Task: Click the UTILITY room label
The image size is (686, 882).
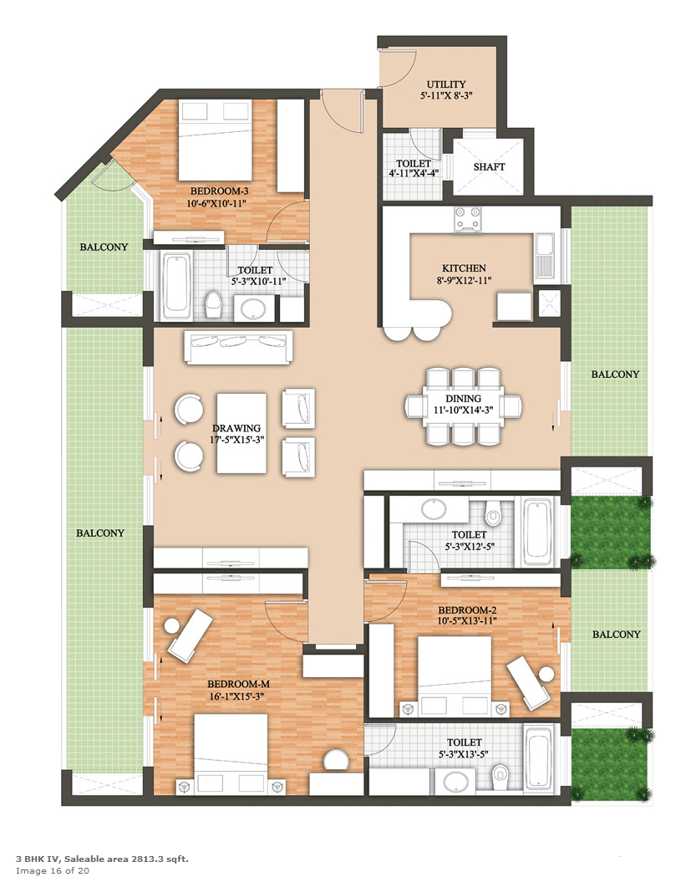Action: pos(446,84)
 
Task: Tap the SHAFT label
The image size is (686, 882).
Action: pos(489,166)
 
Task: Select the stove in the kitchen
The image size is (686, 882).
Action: pos(468,219)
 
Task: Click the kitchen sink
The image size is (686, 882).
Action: pos(545,256)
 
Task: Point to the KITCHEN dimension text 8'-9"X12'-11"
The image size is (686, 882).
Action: pos(464,279)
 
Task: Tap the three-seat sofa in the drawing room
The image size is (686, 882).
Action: pos(238,348)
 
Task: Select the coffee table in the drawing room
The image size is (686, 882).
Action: pos(241,433)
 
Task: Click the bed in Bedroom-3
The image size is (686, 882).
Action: pos(216,140)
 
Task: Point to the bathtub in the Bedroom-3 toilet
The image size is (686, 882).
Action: pos(176,285)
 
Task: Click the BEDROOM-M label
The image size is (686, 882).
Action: pos(238,684)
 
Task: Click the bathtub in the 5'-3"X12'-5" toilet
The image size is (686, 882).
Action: pos(538,532)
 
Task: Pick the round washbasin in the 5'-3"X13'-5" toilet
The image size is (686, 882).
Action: pos(458,782)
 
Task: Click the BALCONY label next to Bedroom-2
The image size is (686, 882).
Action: pos(617,634)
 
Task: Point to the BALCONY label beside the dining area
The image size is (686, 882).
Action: pos(615,374)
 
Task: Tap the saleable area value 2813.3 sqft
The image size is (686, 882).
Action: pos(160,859)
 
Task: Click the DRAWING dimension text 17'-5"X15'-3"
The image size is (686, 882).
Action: pos(236,439)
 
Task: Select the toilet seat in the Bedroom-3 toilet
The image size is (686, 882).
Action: pos(213,303)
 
